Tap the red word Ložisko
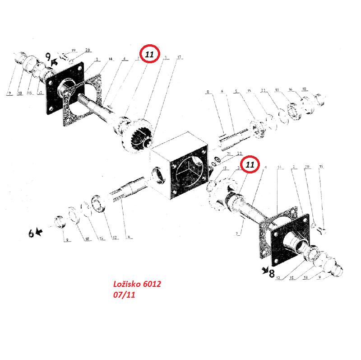pyautogui.click(x=127, y=285)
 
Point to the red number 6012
pyautogui.click(x=152, y=285)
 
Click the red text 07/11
pyautogui.click(x=124, y=295)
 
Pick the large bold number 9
pyautogui.click(x=49, y=57)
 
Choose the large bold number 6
pyautogui.click(x=31, y=234)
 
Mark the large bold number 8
pyautogui.click(x=272, y=273)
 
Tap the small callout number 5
pyautogui.click(x=235, y=91)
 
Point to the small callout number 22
pyautogui.click(x=240, y=154)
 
